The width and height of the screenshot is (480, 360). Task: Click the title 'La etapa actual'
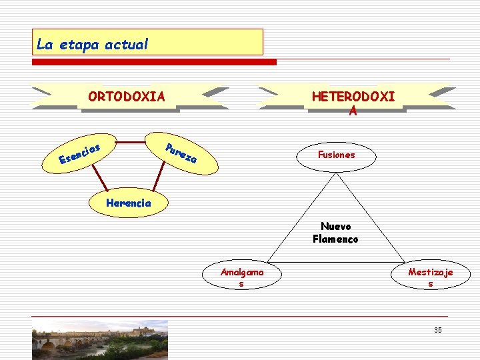93,45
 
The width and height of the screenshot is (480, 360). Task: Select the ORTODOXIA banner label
127,97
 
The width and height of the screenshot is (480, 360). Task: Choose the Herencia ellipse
129,203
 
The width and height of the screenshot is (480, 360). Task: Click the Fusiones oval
337,155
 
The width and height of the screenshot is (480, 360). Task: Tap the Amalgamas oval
242,277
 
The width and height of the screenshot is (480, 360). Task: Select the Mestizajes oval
430,277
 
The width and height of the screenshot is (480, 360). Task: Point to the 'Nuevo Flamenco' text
335,233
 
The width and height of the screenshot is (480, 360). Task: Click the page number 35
437,331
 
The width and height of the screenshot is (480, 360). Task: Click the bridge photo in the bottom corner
100,340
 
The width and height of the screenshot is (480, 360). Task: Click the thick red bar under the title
154,62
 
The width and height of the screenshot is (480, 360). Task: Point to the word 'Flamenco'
335,239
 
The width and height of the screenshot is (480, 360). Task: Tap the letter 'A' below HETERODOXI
353,111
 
